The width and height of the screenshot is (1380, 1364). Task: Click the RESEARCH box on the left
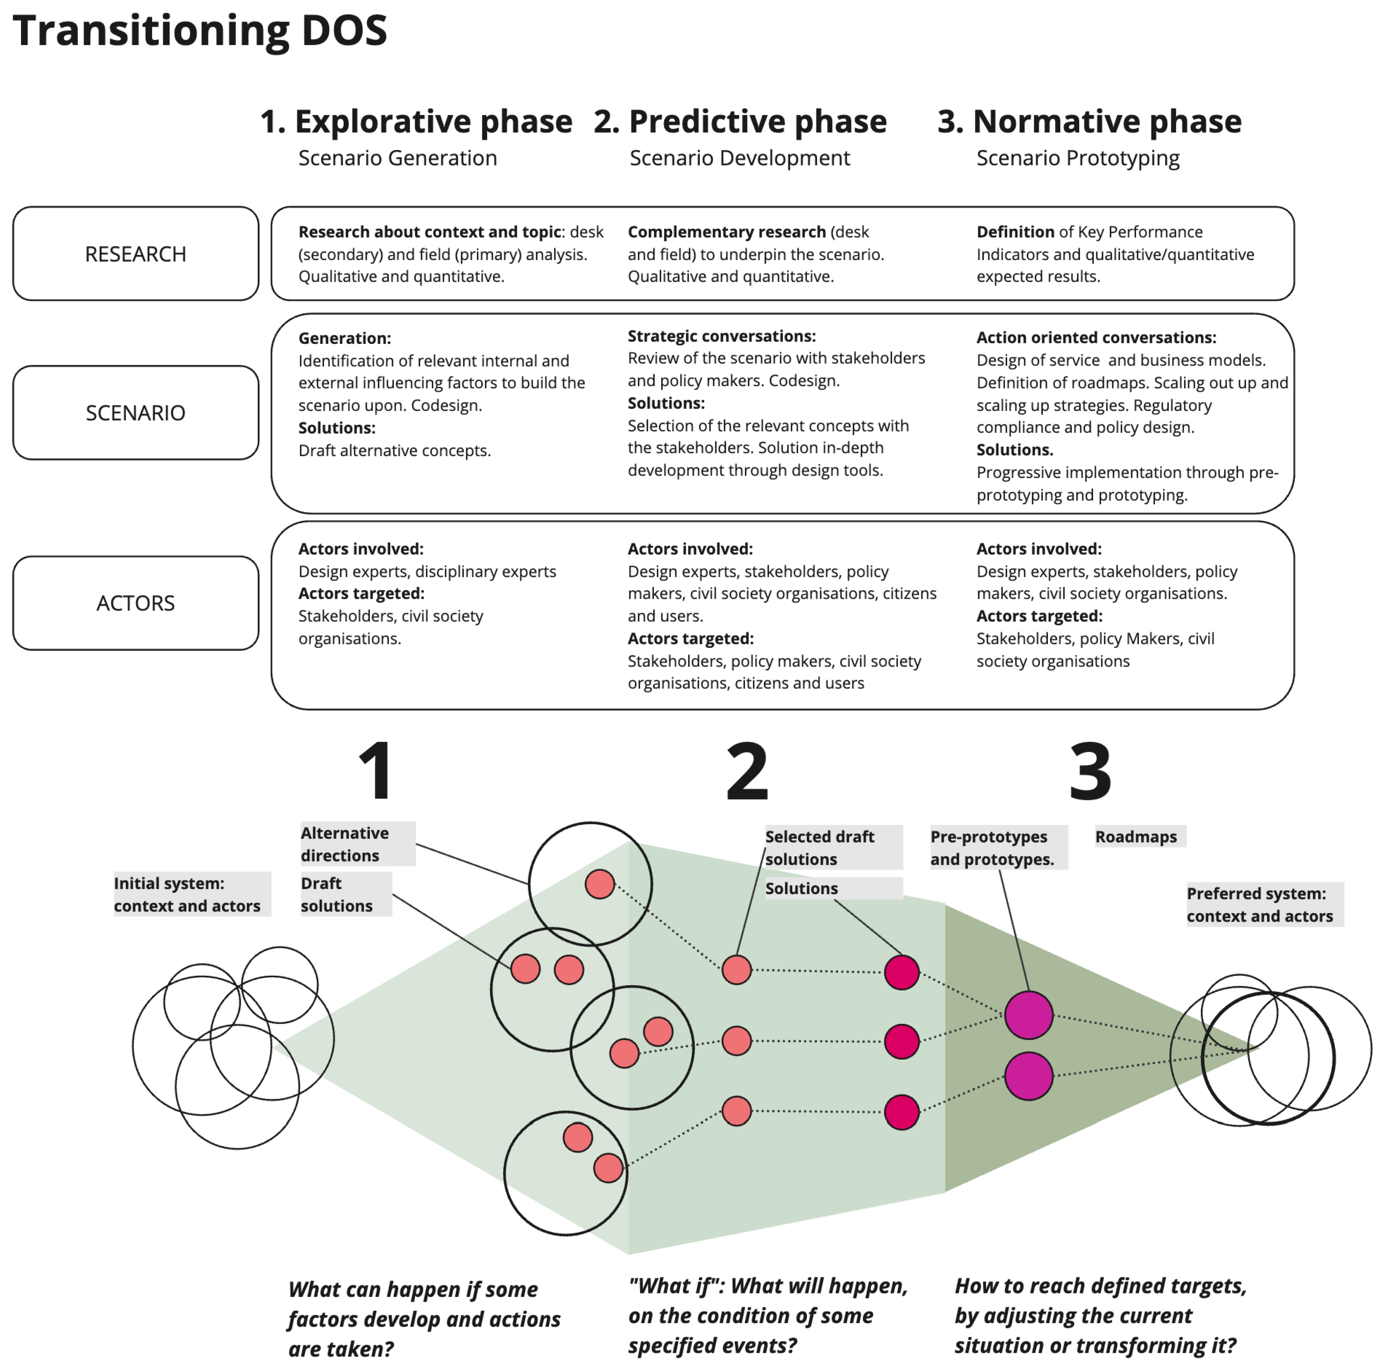pos(136,254)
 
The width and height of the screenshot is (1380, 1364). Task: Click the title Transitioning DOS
pos(200,31)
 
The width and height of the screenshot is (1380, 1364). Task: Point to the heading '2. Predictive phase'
pos(740,122)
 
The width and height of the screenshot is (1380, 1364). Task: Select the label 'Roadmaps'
pos(1136,836)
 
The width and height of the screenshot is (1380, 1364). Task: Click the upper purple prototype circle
pos(1029,1015)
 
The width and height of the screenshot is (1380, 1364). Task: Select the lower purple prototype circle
pos(1029,1076)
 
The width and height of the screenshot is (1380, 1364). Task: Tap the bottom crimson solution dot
pos(901,1112)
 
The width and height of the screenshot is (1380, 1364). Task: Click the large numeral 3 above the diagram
pos(1090,772)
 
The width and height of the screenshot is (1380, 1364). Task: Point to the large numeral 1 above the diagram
pos(376,772)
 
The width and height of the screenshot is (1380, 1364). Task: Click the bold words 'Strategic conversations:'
pos(721,336)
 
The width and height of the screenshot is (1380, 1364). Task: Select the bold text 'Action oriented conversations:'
pos(1096,337)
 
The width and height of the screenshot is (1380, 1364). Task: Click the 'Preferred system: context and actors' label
pos(1261,904)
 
